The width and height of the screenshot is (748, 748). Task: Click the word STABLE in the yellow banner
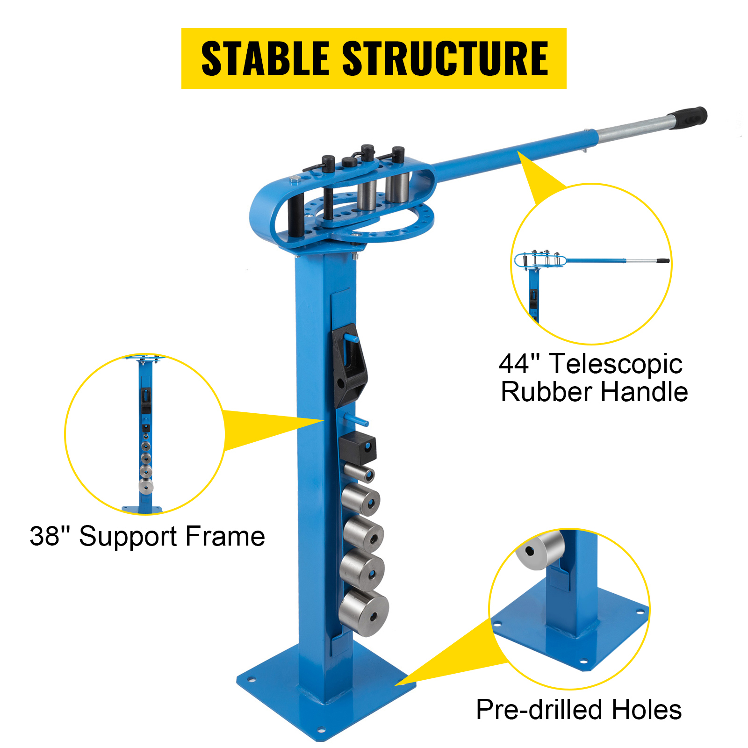pos(265,58)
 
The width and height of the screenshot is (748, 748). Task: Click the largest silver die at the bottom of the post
pos(364,613)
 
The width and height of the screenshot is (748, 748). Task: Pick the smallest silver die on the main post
pos(360,472)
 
